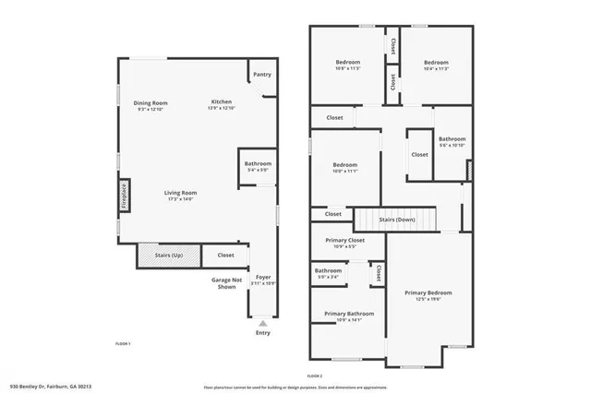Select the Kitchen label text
[222, 103]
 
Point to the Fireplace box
[123, 197]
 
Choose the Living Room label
[180, 195]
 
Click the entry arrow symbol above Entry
[263, 324]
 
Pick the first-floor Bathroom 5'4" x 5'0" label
[258, 165]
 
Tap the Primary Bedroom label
[428, 295]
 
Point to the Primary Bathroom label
[348, 316]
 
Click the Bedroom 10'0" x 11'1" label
[344, 167]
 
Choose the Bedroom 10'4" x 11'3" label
[436, 65]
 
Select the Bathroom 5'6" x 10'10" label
[452, 141]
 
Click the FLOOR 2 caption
[314, 375]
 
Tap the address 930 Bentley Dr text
[51, 387]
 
